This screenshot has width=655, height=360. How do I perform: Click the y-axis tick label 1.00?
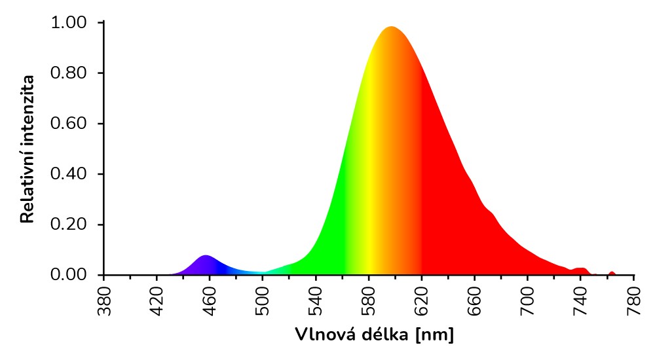[x=68, y=23]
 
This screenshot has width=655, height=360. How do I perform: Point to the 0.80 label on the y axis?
[x=68, y=73]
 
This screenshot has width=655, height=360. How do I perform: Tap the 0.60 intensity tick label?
[x=68, y=124]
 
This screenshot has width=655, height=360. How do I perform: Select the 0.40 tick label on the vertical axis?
[x=68, y=174]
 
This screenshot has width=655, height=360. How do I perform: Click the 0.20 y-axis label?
[x=68, y=225]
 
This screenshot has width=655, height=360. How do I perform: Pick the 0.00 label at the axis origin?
[x=68, y=275]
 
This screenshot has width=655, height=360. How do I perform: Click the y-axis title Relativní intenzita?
[x=28, y=149]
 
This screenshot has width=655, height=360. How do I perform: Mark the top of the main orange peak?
[x=391, y=27]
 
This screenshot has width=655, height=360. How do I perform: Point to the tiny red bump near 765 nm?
[x=612, y=272]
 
